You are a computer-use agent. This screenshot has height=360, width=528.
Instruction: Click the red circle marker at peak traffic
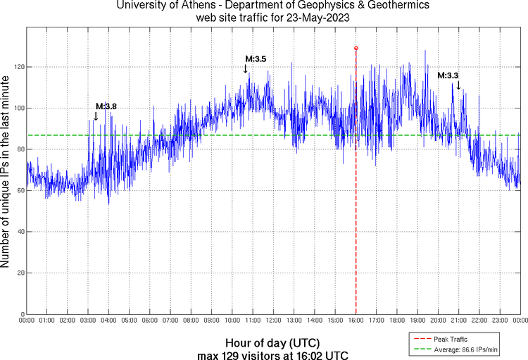[356, 48]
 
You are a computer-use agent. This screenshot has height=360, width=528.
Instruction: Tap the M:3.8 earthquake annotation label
[106, 106]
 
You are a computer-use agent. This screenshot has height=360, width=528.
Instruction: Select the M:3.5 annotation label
[256, 59]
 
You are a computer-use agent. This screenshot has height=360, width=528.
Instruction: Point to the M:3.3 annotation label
[448, 75]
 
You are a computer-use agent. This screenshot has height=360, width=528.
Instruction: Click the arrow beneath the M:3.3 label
[458, 85]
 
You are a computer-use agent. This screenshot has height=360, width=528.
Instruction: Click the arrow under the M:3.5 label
[246, 69]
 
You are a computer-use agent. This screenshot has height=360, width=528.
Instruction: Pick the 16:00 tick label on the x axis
[356, 321]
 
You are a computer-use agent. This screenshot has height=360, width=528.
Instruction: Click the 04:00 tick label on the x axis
[108, 321]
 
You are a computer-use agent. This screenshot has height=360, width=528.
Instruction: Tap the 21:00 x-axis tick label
[459, 321]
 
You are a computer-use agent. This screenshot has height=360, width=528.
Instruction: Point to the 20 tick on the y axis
[18, 273]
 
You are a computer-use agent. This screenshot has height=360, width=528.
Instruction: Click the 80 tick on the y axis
[18, 149]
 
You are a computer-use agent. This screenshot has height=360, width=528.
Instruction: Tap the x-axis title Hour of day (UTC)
[273, 342]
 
